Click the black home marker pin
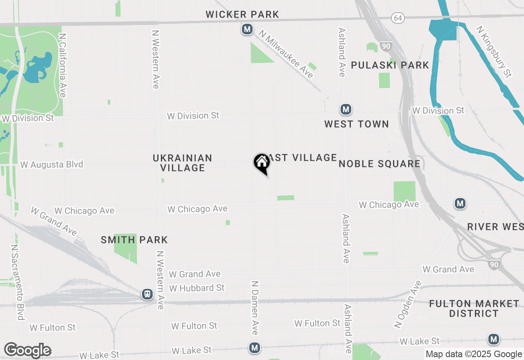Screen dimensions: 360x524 click(x=262, y=163)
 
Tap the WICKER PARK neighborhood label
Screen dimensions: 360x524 click(x=242, y=15)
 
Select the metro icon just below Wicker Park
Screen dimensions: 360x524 click(x=247, y=29)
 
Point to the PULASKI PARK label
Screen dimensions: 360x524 click(x=390, y=65)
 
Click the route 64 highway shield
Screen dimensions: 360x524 click(x=397, y=18)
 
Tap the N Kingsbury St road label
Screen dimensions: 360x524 click(x=494, y=52)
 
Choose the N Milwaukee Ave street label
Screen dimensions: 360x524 click(x=289, y=56)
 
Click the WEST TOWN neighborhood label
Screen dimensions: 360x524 click(x=357, y=124)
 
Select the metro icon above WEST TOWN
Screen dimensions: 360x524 click(x=346, y=110)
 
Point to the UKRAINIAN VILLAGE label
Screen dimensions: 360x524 click(x=183, y=163)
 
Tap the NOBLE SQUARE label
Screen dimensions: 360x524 click(x=379, y=164)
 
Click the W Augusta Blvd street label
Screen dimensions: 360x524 click(x=52, y=164)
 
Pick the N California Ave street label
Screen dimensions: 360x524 click(x=63, y=65)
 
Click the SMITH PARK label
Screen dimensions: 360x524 click(x=134, y=240)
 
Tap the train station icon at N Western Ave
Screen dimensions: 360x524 click(x=147, y=294)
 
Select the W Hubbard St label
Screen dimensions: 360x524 click(x=197, y=288)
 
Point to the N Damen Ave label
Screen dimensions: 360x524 click(x=255, y=307)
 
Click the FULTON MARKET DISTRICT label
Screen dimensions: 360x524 click(x=474, y=308)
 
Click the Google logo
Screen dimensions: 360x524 click(x=28, y=350)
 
